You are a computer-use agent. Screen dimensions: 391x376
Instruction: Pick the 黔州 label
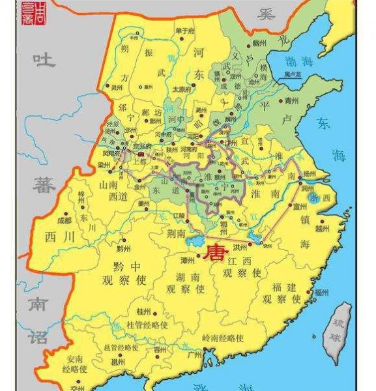[x=124, y=249]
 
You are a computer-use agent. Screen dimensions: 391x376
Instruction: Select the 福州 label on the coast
[x=321, y=293]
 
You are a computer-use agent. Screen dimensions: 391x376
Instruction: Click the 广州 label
[x=194, y=355]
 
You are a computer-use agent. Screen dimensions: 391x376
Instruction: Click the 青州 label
[x=291, y=101]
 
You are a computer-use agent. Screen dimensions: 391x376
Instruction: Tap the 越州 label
[x=321, y=228]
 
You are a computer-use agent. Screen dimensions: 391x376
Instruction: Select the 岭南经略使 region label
[x=223, y=338]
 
